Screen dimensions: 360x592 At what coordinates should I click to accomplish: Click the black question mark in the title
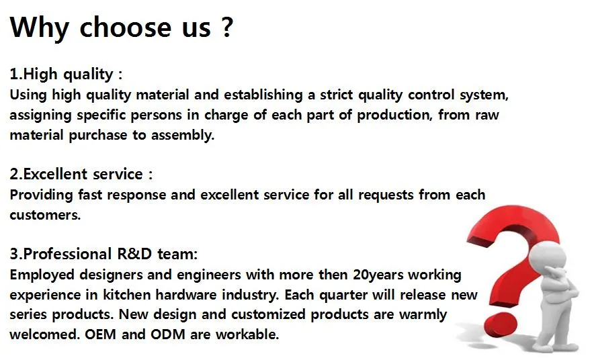(x=226, y=28)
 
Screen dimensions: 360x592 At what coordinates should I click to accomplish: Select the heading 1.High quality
(x=65, y=74)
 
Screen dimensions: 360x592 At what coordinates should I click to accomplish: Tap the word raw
(x=487, y=115)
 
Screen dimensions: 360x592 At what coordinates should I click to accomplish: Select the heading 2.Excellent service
(x=80, y=175)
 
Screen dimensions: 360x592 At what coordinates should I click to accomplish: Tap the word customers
(x=44, y=215)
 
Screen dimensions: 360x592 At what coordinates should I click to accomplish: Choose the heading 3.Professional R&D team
(x=103, y=254)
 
